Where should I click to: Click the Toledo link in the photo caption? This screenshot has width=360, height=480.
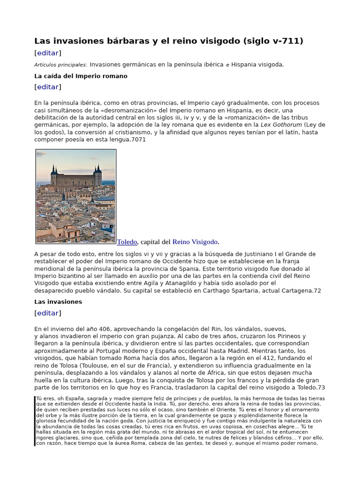[127, 242]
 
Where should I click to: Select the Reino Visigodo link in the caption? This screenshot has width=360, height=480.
[195, 242]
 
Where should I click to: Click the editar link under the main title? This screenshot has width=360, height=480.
[48, 53]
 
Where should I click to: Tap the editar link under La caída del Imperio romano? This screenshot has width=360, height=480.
[48, 87]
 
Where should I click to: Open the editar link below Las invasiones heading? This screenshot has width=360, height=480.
[48, 313]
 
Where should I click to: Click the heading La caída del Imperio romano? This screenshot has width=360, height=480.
[81, 76]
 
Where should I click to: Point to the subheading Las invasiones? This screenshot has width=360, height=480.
[58, 302]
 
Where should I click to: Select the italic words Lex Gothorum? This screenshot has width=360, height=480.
[281, 125]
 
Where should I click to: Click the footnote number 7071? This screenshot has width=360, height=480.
[138, 139]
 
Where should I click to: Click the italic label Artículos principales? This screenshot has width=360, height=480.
[60, 65]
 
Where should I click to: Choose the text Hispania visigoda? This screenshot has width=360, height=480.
[257, 65]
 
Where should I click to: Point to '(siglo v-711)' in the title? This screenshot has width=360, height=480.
[273, 41]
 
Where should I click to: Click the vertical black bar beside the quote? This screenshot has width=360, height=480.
[35, 421]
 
